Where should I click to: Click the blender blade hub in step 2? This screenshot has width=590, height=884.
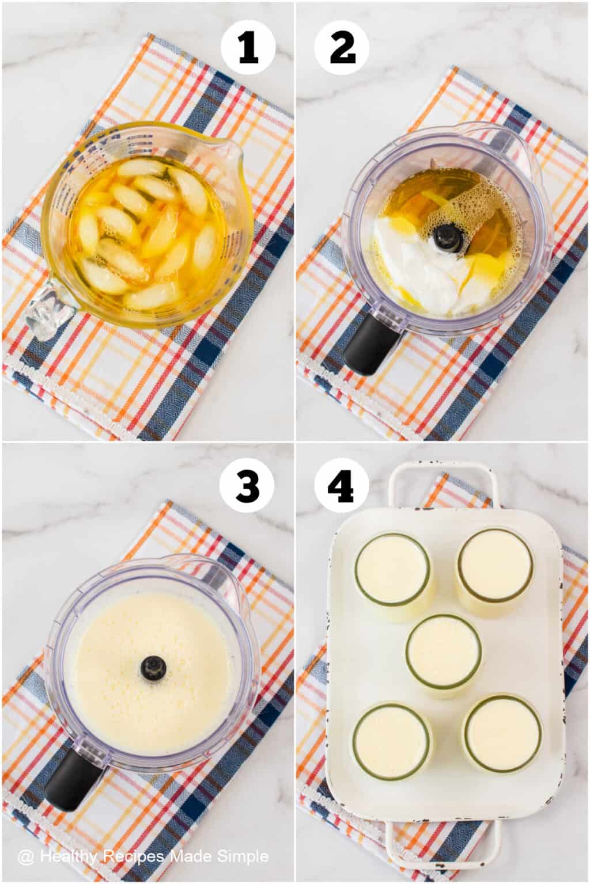coord(444,234)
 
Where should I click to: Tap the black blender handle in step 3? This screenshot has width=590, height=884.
coord(73,772)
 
